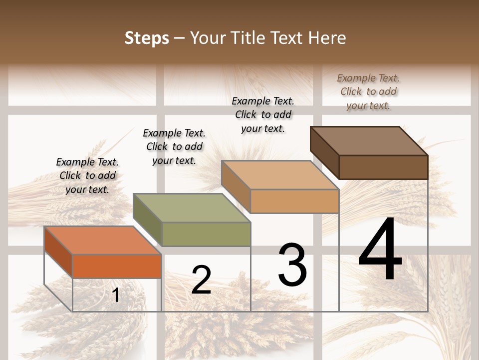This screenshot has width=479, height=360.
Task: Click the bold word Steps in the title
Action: click(x=147, y=38)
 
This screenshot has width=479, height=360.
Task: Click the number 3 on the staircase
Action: click(x=292, y=265)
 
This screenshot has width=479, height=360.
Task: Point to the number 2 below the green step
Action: click(x=201, y=280)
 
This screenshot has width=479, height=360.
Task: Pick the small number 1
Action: click(x=116, y=295)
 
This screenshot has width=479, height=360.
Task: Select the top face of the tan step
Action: click(x=279, y=175)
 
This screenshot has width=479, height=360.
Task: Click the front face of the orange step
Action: click(x=117, y=266)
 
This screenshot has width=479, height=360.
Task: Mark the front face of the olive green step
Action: click(x=206, y=234)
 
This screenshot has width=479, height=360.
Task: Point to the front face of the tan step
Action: click(x=294, y=201)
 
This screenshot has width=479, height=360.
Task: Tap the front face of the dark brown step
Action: click(x=383, y=167)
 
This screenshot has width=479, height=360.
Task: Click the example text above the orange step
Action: click(x=87, y=175)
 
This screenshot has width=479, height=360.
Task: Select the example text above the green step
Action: click(x=174, y=146)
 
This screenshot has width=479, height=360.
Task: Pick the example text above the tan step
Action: click(x=263, y=114)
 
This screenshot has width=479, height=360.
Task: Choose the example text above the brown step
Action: click(x=368, y=91)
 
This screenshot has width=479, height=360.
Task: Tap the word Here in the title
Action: click(x=327, y=38)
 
